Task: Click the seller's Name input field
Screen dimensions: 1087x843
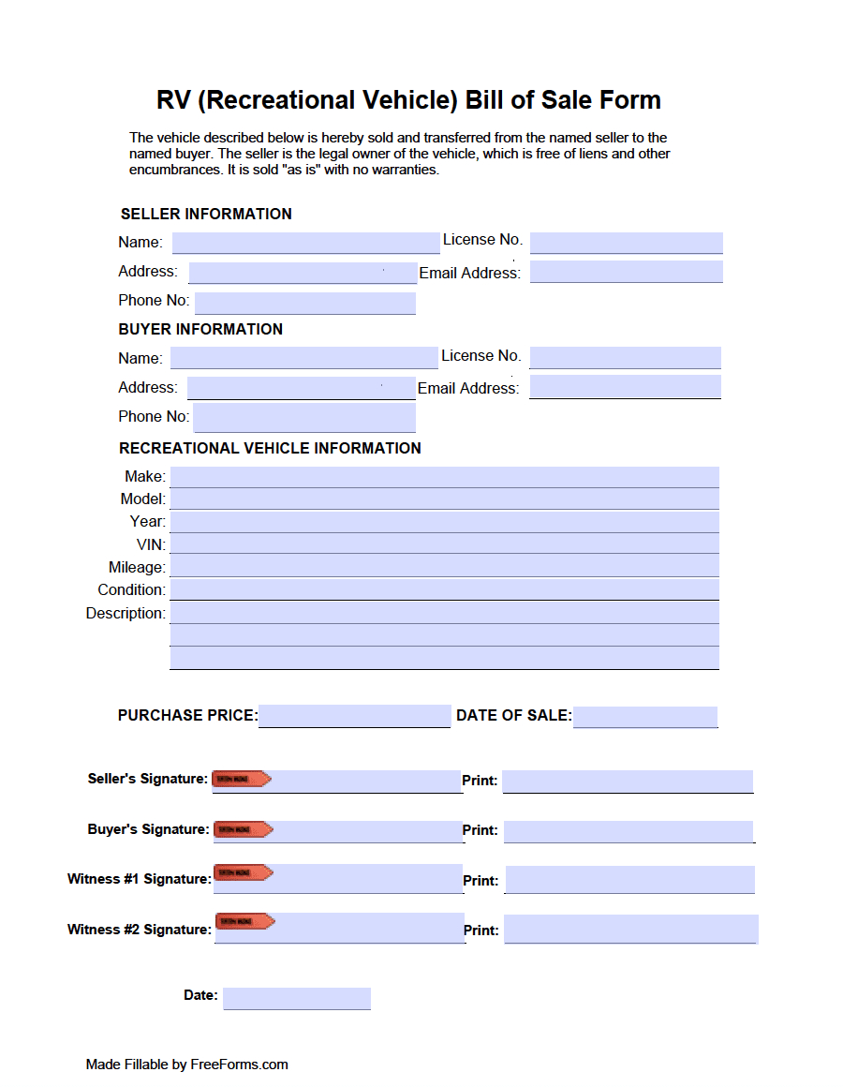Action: pos(305,243)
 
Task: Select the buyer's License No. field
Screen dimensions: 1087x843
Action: pos(625,358)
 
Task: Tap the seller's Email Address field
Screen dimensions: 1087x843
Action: pos(626,272)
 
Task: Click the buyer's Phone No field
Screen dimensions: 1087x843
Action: pos(303,417)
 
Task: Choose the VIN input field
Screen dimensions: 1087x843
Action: pos(444,544)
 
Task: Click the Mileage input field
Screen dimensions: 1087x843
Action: pos(444,567)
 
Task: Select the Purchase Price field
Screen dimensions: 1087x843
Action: pos(354,716)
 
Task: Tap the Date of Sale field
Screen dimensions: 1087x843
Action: pos(644,717)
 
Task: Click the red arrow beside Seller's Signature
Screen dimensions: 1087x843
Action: pos(242,779)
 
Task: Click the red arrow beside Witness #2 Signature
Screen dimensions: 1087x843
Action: pos(244,921)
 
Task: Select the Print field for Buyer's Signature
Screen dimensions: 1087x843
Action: pos(628,831)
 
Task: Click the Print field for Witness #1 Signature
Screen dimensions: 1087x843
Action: pos(629,880)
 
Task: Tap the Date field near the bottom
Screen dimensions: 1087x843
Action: pos(296,998)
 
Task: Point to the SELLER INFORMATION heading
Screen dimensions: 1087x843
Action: pos(206,215)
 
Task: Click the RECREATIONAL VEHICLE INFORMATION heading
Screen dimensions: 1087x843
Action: pos(270,449)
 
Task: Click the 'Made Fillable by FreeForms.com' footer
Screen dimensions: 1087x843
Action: pos(186,1065)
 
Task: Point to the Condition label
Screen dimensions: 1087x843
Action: pos(131,590)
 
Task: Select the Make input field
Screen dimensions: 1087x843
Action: pos(444,477)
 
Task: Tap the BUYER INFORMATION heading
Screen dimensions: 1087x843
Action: pos(200,330)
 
